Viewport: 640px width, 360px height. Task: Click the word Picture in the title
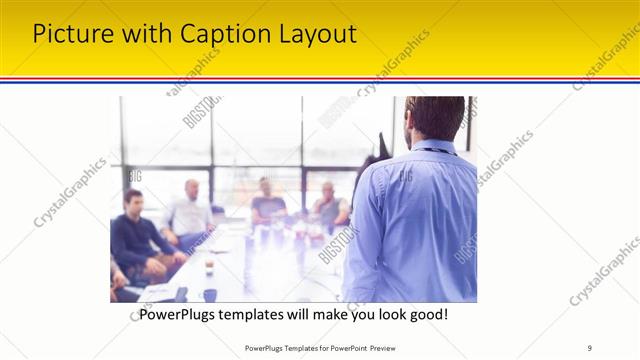pyautogui.click(x=68, y=34)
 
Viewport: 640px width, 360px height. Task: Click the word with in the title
pyautogui.click(x=142, y=34)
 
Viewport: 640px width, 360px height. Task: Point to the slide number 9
pyautogui.click(x=590, y=347)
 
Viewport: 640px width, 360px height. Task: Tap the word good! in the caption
pyautogui.click(x=427, y=314)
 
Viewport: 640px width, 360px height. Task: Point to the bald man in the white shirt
pyautogui.click(x=190, y=212)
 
